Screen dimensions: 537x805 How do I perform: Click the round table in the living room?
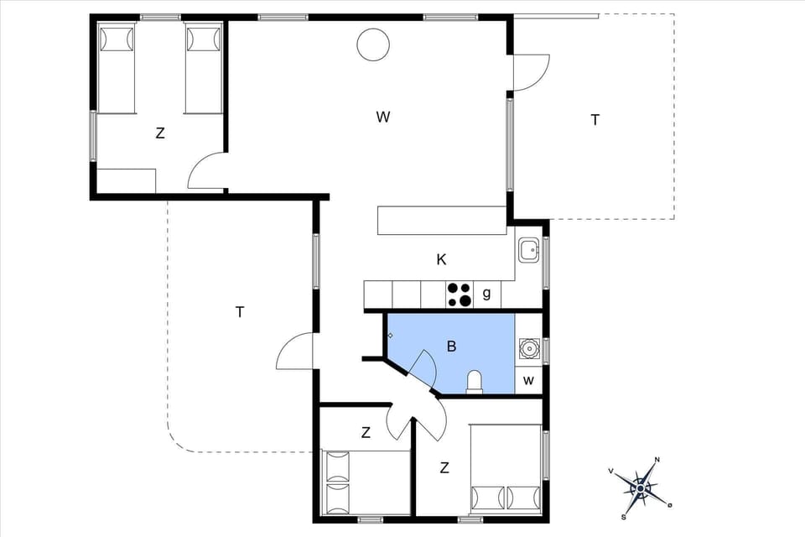372,44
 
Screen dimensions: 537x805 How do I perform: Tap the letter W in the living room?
383,117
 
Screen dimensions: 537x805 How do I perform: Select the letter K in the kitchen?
441,259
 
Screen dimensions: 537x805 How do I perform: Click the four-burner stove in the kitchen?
459,295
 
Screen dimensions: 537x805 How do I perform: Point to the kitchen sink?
528,250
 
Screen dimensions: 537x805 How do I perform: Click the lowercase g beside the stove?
486,294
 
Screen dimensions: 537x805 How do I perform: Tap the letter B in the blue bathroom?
451,346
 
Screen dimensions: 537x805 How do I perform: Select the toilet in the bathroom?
475,382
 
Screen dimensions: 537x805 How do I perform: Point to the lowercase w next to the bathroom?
528,380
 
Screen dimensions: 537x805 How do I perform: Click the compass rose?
641,486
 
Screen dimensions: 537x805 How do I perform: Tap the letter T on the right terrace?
595,120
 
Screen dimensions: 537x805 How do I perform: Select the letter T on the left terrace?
240,312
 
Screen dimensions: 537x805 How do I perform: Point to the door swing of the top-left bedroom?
205,173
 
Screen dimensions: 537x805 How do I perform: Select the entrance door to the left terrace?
296,351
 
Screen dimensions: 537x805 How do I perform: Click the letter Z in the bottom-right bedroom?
444,468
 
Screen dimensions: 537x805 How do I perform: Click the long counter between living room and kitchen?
441,220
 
